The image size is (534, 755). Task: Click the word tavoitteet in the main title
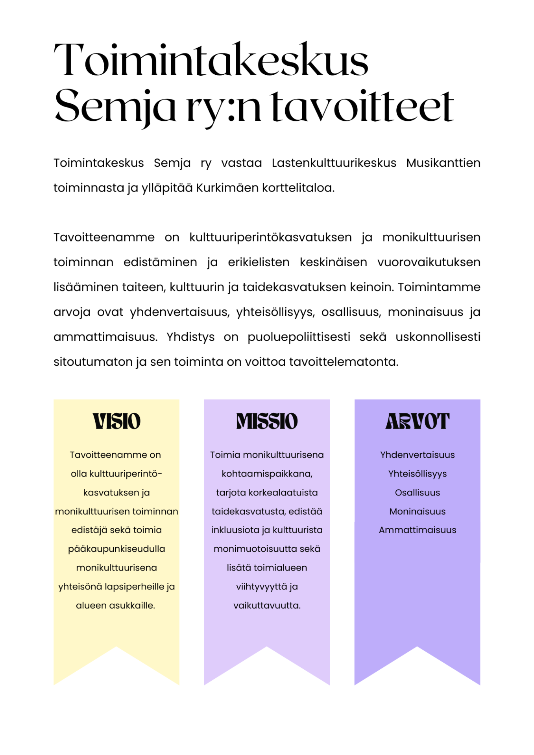[362, 106]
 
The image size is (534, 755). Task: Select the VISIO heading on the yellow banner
[116, 421]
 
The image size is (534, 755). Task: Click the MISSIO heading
[267, 421]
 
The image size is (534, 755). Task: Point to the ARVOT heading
[417, 421]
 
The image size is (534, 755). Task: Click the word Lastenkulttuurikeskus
[334, 163]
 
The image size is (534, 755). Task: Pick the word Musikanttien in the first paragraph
[443, 163]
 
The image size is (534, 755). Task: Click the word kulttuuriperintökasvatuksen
[270, 238]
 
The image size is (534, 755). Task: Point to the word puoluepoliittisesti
[299, 337]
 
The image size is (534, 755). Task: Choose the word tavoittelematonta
[344, 362]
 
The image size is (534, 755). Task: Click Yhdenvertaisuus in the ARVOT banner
[417, 455]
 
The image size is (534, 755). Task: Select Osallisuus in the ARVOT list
[417, 493]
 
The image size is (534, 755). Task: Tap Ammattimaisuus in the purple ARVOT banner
[417, 530]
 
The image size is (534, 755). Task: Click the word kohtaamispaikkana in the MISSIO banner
[266, 474]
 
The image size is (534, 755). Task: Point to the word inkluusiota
[235, 530]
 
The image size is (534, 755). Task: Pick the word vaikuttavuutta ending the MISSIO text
[267, 606]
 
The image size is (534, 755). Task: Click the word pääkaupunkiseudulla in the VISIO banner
[116, 549]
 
